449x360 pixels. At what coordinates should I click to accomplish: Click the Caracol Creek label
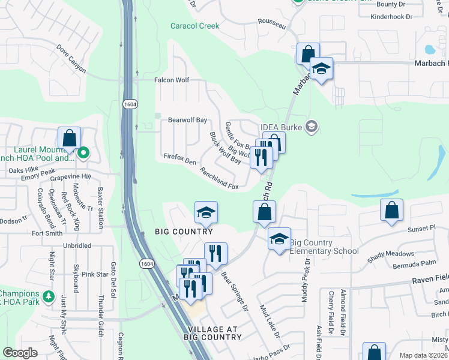(195, 26)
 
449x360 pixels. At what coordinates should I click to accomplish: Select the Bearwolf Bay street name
(187, 120)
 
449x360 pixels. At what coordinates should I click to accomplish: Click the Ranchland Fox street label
(219, 178)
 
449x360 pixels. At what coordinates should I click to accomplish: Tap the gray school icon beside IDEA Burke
(311, 126)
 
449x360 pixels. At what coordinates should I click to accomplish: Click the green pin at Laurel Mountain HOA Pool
(83, 153)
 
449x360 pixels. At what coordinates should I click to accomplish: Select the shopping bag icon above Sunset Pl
(391, 210)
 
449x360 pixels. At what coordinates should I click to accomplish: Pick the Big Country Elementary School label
(324, 247)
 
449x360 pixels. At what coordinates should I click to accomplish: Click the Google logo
(20, 353)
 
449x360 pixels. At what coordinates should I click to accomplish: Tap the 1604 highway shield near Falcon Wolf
(130, 104)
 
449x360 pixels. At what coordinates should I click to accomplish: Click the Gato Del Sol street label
(113, 277)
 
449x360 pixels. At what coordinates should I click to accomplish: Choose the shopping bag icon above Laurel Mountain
(70, 138)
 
